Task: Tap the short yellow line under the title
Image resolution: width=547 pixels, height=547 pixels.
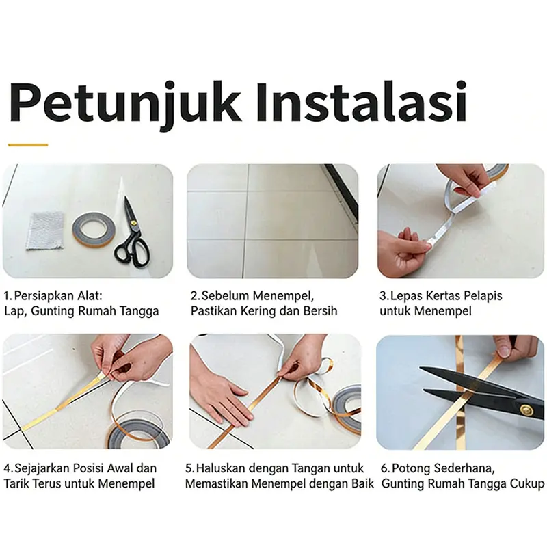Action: click(28, 144)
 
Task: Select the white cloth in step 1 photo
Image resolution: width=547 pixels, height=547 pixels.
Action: click(45, 230)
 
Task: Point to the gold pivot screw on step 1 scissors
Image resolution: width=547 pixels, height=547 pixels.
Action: click(133, 222)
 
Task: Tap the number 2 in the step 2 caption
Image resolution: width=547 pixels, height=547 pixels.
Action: click(194, 296)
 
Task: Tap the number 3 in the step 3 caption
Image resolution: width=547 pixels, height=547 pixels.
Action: click(384, 296)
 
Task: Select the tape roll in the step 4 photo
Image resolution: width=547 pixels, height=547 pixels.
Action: click(139, 433)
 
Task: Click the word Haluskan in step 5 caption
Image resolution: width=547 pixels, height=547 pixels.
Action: click(221, 468)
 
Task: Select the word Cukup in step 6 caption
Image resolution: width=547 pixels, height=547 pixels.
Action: click(526, 484)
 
